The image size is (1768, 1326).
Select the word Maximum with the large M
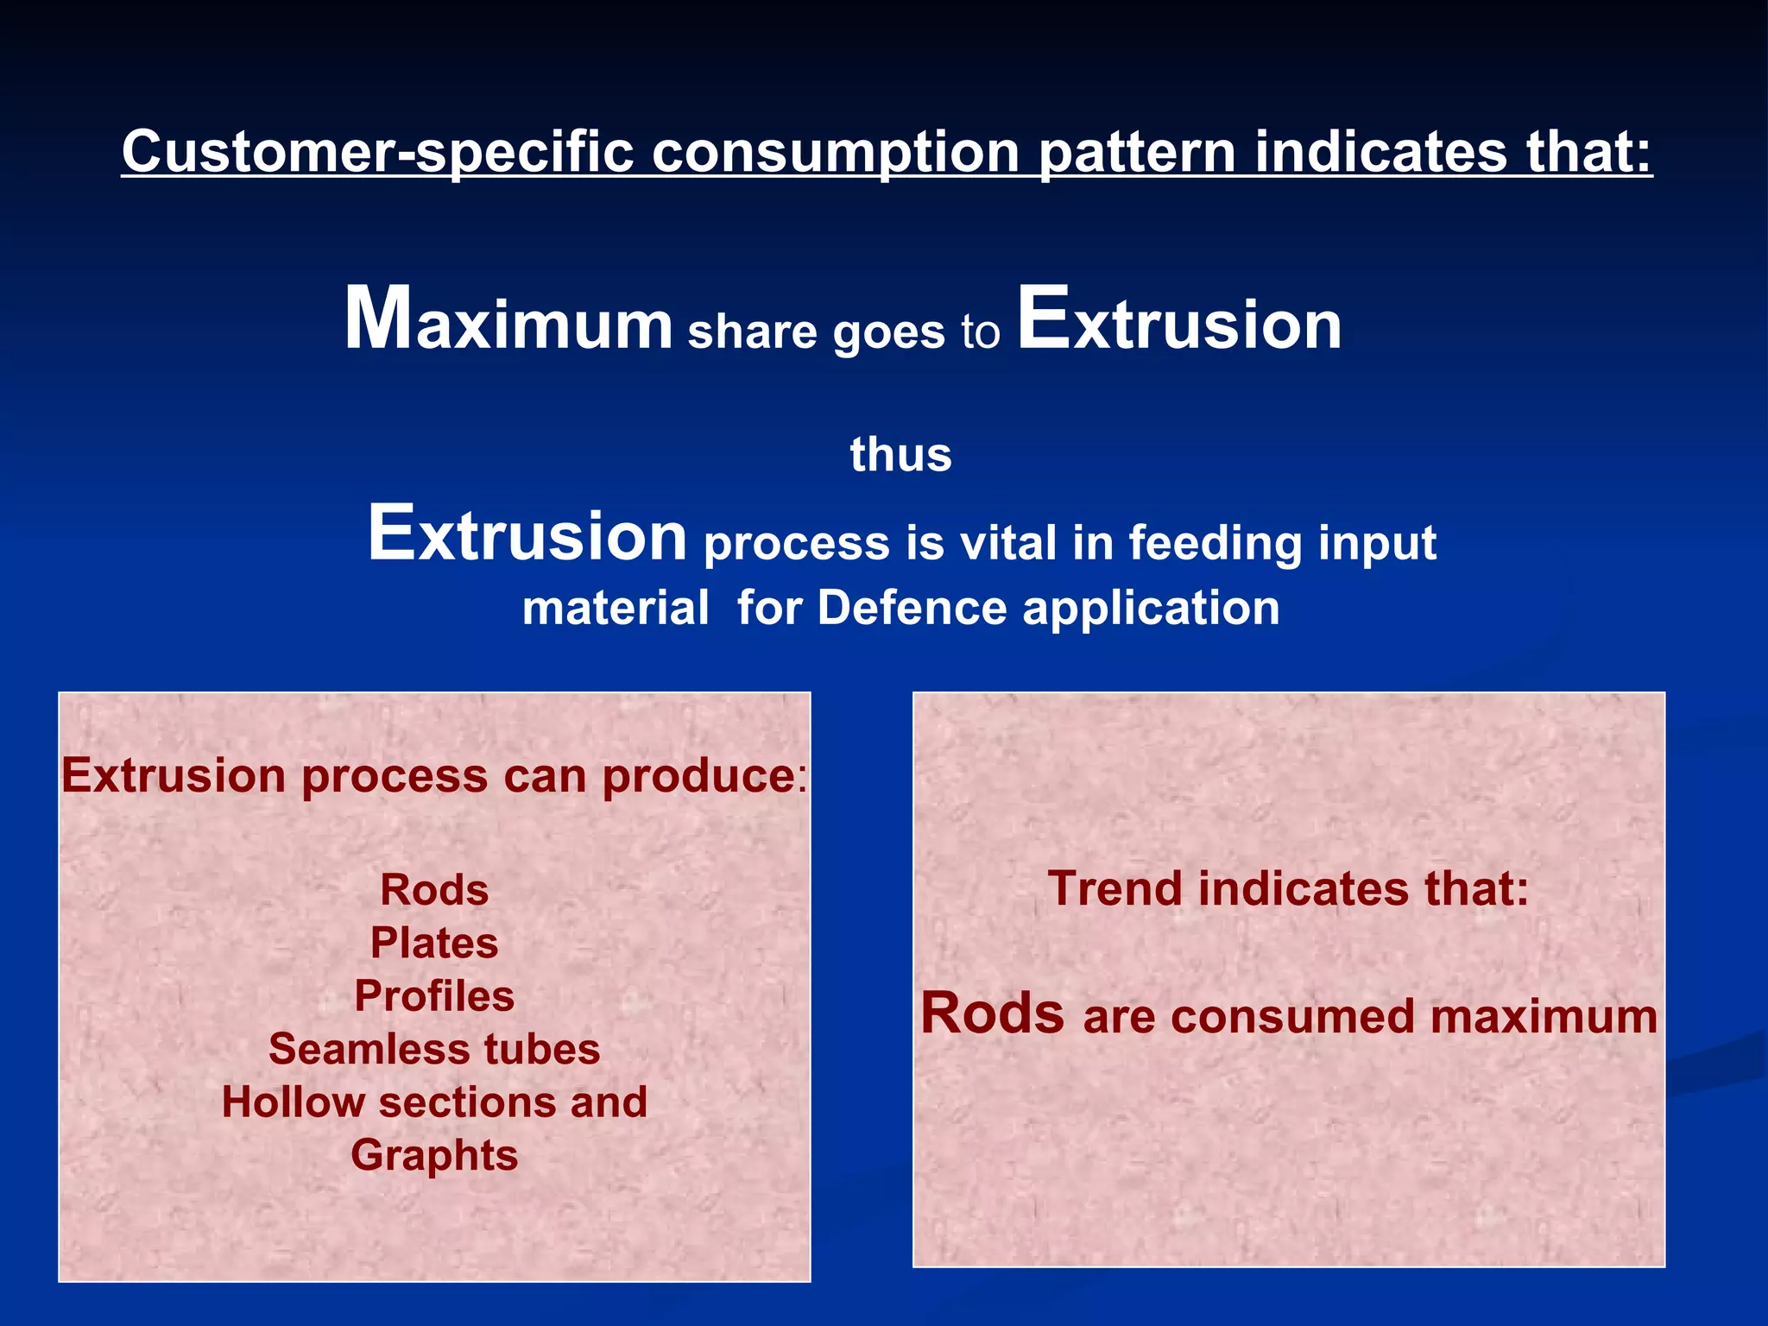point(508,321)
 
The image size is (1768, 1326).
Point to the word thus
point(900,455)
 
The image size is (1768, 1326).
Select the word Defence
point(912,608)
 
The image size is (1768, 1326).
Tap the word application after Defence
point(1151,609)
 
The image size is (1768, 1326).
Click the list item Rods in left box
point(434,890)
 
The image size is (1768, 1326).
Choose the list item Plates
point(434,943)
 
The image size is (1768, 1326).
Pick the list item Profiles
point(434,996)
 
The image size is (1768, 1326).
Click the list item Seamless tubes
point(434,1049)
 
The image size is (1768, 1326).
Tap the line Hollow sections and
point(434,1102)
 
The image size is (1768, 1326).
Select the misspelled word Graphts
point(434,1155)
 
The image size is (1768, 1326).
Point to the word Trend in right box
point(1114,888)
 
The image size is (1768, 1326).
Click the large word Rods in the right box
point(992,1013)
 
